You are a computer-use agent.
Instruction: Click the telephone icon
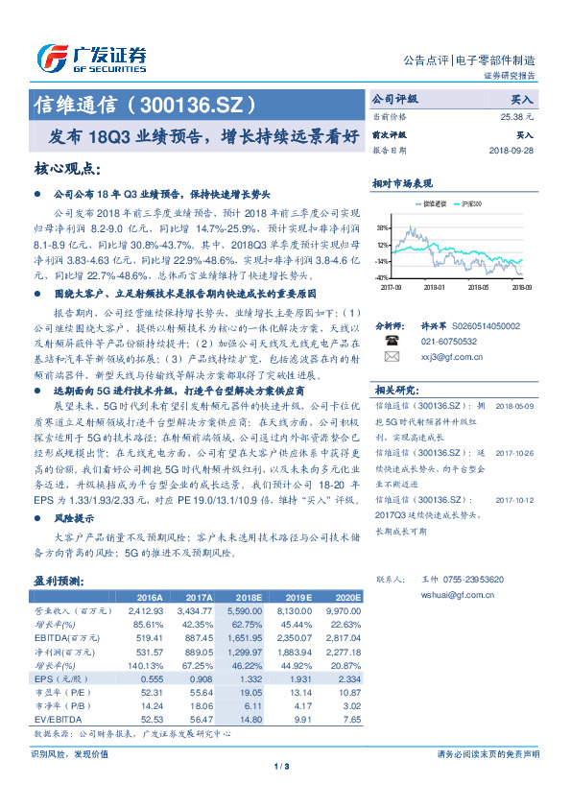tap(391, 340)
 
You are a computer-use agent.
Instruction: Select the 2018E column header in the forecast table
tap(250, 597)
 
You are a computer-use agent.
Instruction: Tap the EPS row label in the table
tap(56, 678)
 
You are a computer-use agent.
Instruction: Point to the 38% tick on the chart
tap(384, 228)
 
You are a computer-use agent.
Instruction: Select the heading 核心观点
tap(67, 170)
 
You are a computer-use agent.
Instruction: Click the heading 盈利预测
tap(59, 582)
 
